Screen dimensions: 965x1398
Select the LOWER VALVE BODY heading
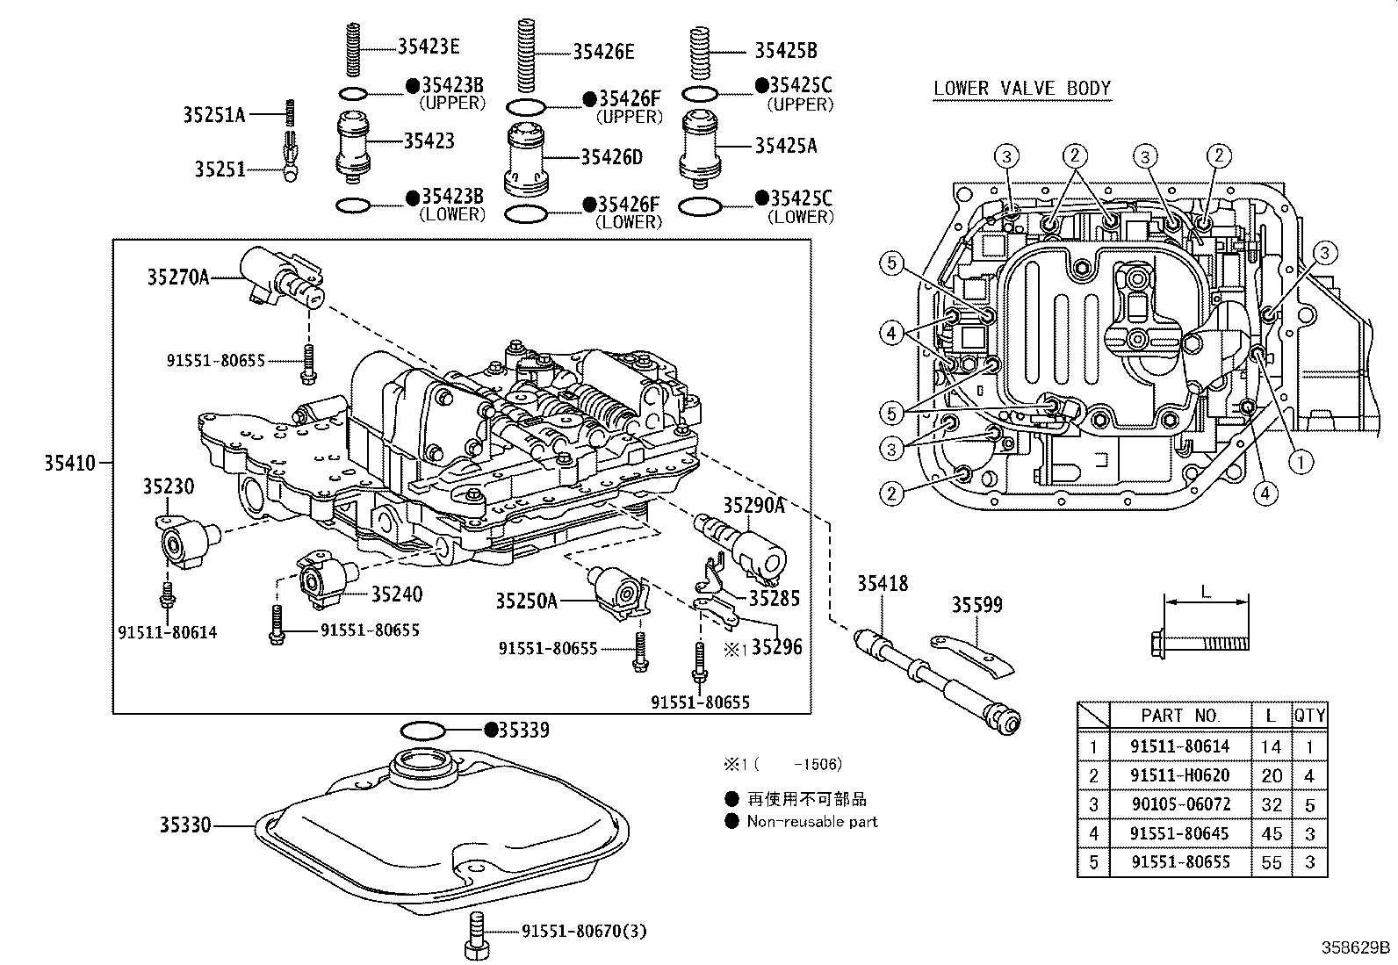(x=1022, y=88)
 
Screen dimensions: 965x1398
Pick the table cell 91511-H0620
(x=1179, y=775)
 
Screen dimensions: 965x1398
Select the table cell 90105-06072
(x=1179, y=804)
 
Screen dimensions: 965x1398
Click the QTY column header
(x=1308, y=716)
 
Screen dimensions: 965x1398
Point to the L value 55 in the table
(x=1271, y=862)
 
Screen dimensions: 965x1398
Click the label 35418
(x=883, y=583)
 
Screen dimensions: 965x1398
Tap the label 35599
(x=976, y=605)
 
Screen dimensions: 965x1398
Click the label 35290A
(x=753, y=505)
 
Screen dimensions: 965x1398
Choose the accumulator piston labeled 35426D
(x=528, y=158)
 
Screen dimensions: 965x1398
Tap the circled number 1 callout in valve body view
(x=1300, y=460)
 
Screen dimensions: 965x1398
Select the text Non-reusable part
(x=811, y=822)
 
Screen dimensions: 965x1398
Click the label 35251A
(x=214, y=114)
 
